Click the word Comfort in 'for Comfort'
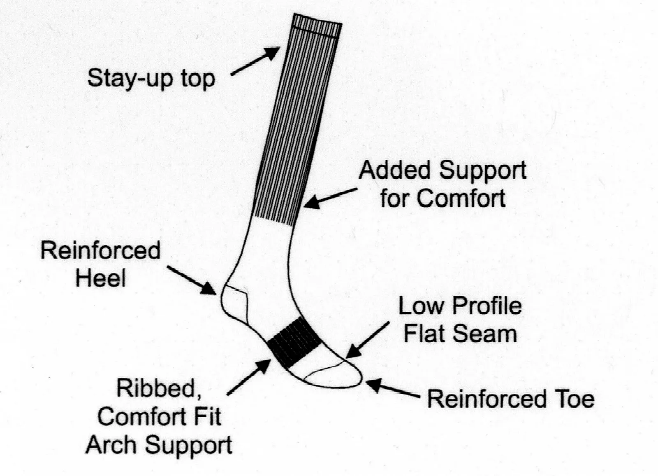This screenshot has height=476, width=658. point(461,198)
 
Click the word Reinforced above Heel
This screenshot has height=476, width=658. point(100,250)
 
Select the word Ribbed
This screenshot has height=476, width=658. point(158,388)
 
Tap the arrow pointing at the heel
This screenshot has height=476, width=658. point(192,280)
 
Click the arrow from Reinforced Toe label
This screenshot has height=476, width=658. point(392,389)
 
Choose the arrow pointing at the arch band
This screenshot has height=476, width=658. point(249,377)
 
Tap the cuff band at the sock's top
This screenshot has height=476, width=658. point(317,27)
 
